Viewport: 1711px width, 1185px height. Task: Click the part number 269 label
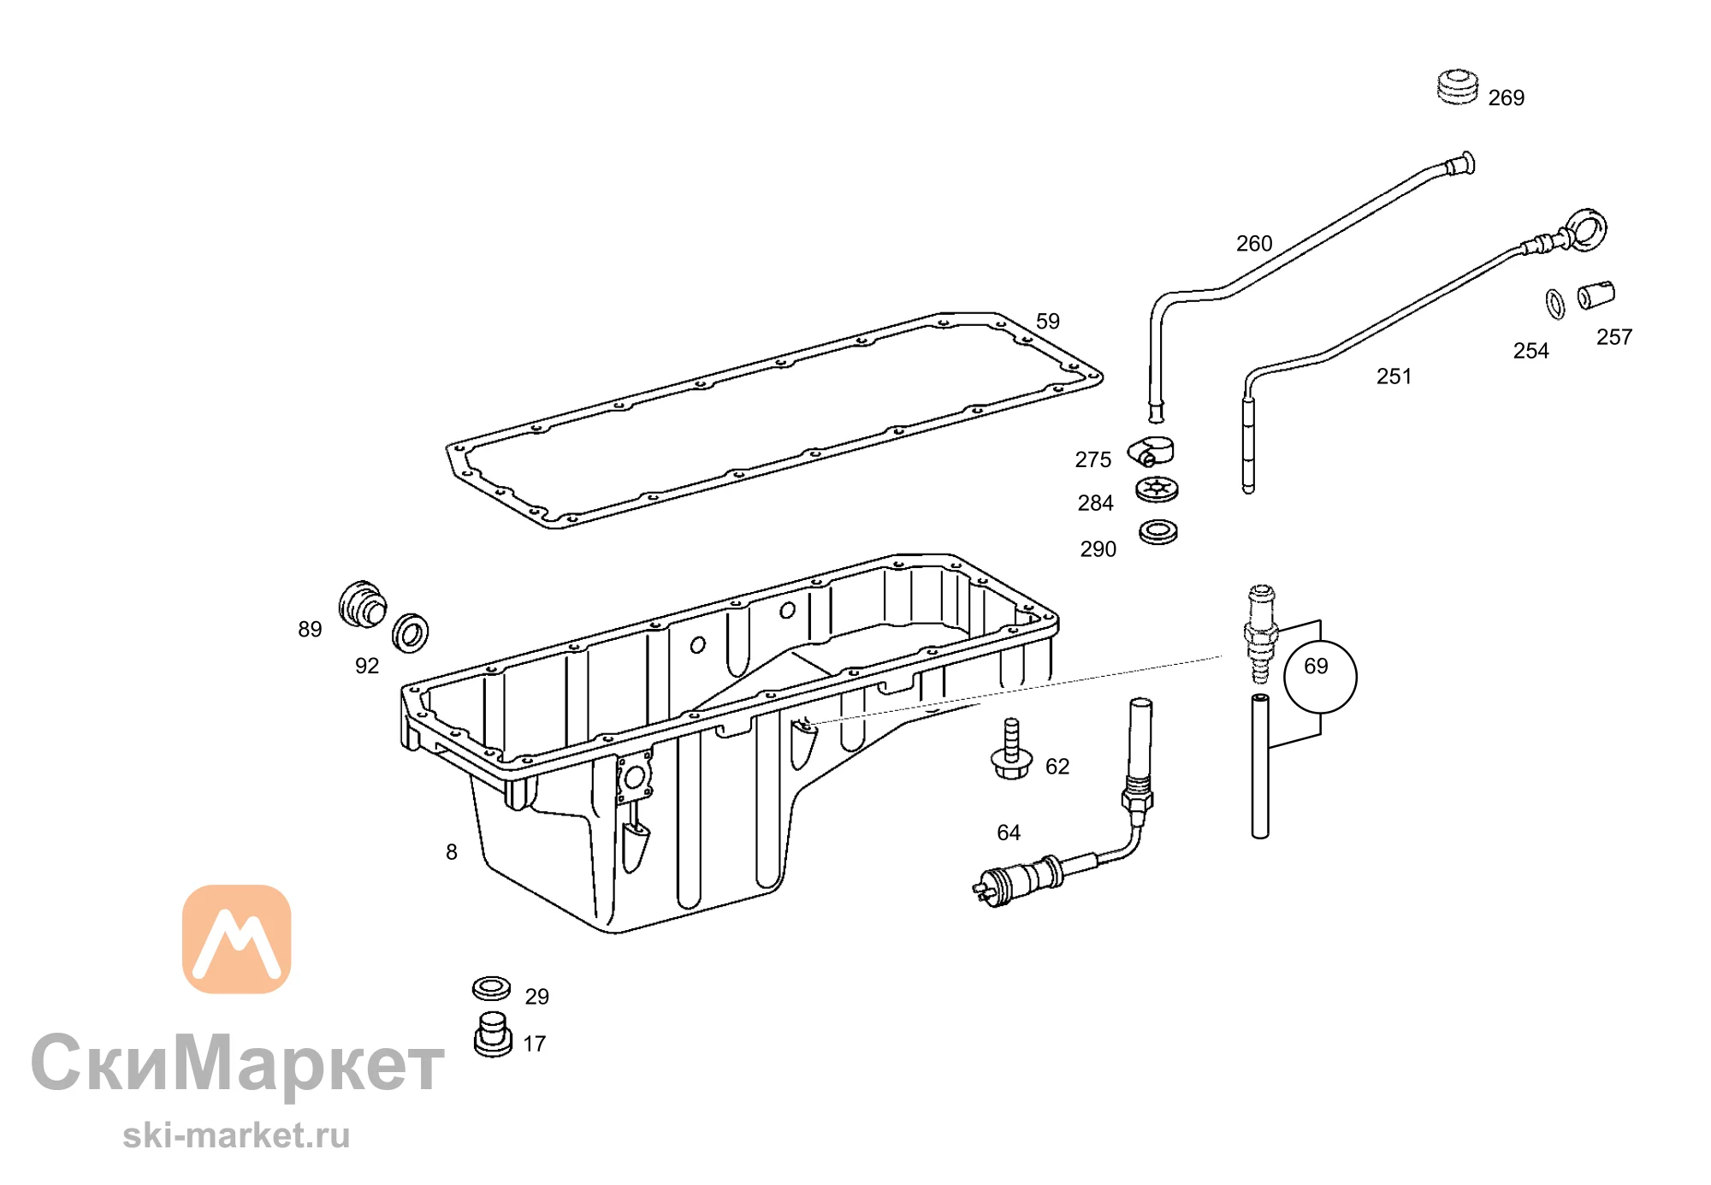pos(1506,98)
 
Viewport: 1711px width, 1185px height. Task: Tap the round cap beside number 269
pos(1457,86)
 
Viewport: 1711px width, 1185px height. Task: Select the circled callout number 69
pos(1320,676)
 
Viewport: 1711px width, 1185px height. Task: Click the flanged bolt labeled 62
pos(1011,750)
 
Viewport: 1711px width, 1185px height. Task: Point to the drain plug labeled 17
pos(493,1034)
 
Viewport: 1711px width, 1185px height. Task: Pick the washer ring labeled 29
pos(491,989)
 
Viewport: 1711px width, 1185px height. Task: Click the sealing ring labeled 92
pos(411,633)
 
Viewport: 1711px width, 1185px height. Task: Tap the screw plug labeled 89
pos(362,604)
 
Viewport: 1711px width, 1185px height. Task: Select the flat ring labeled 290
pos(1158,531)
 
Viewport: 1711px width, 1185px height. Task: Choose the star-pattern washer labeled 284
pos(1157,489)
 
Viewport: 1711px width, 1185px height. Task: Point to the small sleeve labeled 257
pos(1596,295)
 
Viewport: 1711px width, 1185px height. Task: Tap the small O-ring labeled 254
pos(1555,304)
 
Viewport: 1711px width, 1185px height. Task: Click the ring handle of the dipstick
pos(1588,229)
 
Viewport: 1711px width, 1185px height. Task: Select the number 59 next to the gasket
pos(1048,322)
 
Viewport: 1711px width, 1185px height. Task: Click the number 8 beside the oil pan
pos(452,852)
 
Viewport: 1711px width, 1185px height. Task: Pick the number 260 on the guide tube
pos(1254,244)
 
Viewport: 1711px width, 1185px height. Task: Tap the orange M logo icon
pos(237,939)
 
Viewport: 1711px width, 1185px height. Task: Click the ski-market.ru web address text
pos(236,1135)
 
